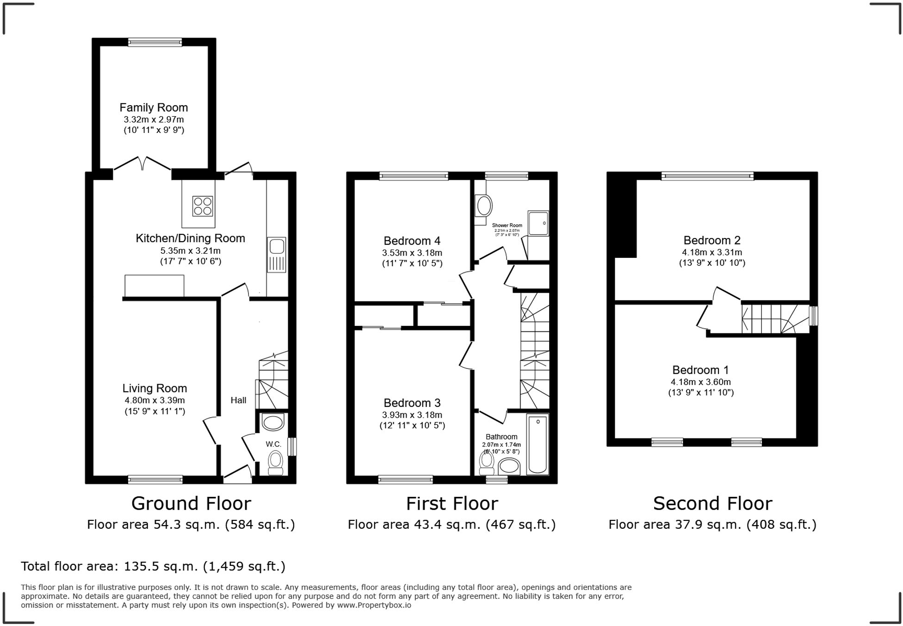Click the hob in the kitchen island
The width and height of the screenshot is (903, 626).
[203, 207]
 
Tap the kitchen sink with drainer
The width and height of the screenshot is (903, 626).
[276, 255]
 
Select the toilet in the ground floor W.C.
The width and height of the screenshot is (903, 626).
[276, 463]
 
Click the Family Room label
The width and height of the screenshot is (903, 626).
[154, 107]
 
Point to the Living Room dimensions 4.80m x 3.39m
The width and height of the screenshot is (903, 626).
[155, 401]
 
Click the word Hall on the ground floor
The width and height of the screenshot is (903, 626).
[238, 400]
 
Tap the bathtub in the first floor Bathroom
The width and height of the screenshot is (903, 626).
[538, 444]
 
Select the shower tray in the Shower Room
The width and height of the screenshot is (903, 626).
[538, 224]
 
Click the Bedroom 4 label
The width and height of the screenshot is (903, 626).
[412, 241]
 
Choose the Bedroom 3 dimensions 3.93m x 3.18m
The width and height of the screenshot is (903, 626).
[412, 415]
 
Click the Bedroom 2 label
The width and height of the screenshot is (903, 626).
[712, 240]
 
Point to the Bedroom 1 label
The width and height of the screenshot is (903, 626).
[700, 370]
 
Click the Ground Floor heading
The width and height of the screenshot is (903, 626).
[191, 503]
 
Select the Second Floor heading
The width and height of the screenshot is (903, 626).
[712, 503]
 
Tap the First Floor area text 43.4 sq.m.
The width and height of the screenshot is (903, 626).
[451, 525]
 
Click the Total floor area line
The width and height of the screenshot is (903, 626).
[153, 566]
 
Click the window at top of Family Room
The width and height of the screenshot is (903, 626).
[155, 42]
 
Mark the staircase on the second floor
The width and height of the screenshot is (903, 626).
[775, 319]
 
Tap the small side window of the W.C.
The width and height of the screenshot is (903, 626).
[292, 447]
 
